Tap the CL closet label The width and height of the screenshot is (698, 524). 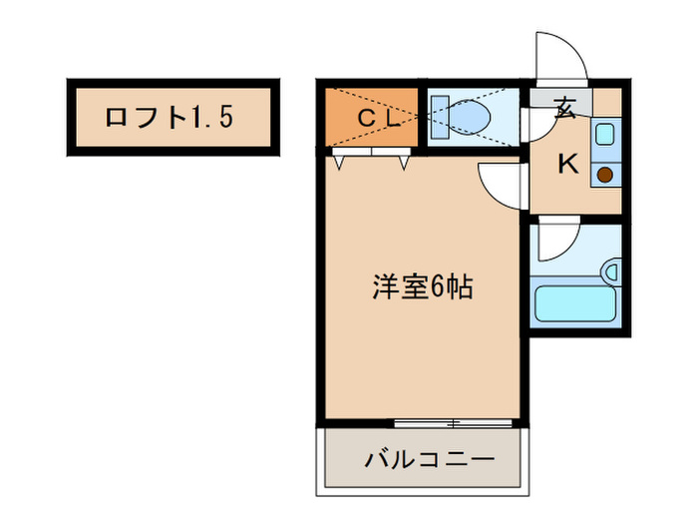point(379,119)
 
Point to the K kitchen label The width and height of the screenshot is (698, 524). point(567,165)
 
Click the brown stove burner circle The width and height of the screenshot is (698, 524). point(605,175)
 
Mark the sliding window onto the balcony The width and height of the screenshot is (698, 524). point(453,423)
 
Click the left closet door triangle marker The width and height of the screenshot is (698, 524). point(341,161)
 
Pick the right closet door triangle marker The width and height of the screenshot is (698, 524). point(405,161)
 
